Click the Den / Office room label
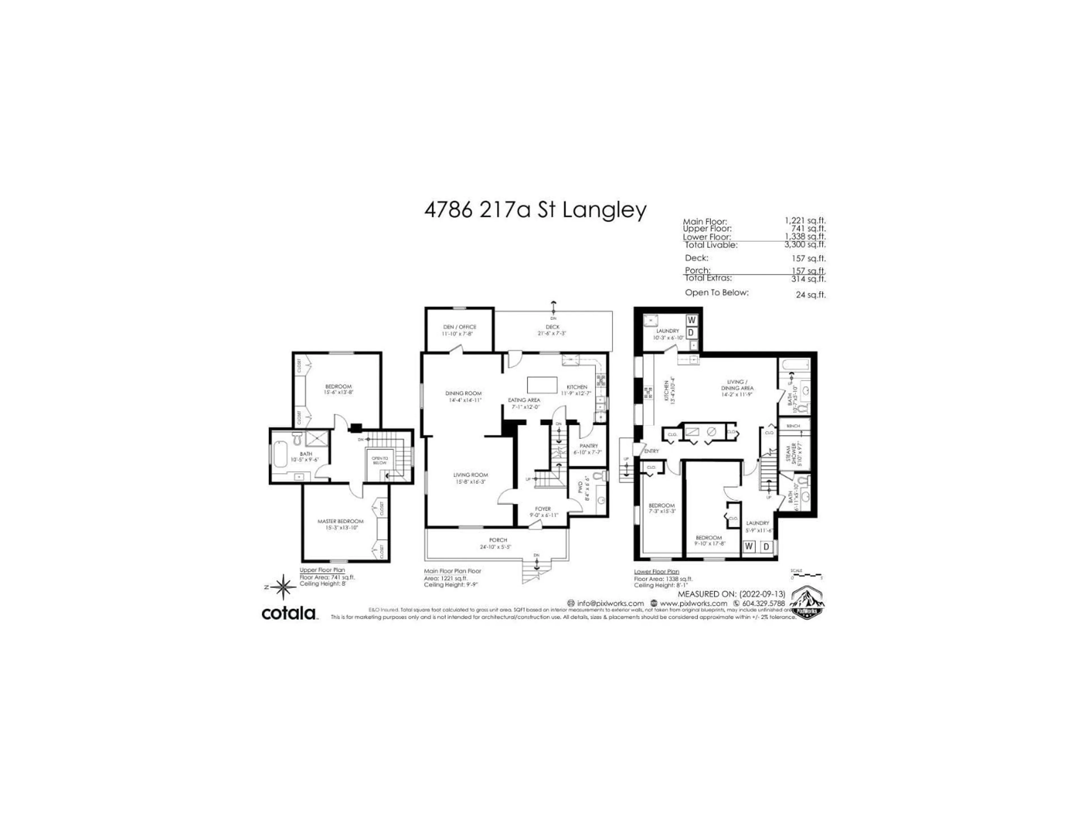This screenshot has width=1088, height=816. click(459, 327)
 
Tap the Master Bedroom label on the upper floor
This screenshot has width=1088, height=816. click(340, 521)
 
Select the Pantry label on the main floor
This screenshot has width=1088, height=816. click(588, 446)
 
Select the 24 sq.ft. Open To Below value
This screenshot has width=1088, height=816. click(811, 295)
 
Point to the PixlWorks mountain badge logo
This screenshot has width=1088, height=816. click(807, 603)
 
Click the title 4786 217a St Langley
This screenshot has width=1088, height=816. click(535, 210)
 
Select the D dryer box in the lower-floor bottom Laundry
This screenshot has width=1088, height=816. click(766, 547)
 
